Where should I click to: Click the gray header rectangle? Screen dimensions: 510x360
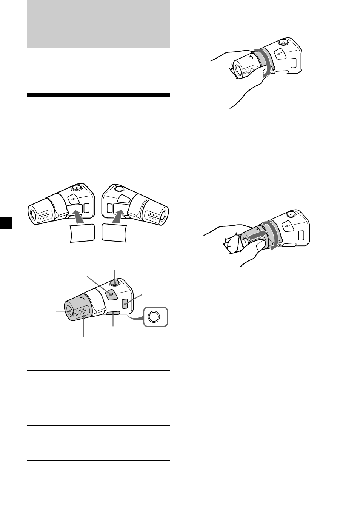coord(98,24)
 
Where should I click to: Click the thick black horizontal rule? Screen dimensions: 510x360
coord(98,95)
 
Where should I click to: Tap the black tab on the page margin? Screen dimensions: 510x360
coord(6,222)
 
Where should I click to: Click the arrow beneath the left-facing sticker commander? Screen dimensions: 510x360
coord(78,218)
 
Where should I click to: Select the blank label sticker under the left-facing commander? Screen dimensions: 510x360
coord(82,233)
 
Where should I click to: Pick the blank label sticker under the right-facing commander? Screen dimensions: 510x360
coord(115,233)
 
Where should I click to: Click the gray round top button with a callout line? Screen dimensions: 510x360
coord(115,282)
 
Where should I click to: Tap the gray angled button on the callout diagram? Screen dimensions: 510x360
coord(110,294)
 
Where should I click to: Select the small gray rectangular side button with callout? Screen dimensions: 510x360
coord(125,303)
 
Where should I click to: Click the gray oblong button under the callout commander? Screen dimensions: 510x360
coord(113,313)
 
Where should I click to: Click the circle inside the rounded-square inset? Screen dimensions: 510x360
coord(155,317)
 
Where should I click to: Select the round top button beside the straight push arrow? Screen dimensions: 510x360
coord(291,215)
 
